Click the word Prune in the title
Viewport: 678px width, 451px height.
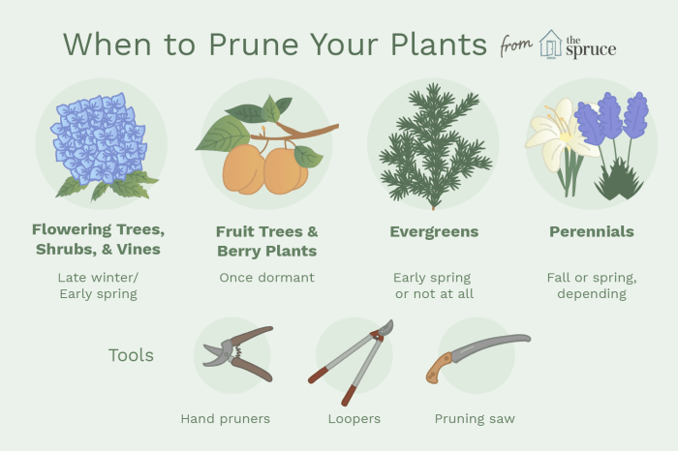[x=250, y=45]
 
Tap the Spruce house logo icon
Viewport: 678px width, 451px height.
[x=550, y=44]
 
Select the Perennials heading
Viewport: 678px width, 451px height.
[x=591, y=231]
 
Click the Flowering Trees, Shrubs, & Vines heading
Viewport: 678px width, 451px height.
[x=98, y=239]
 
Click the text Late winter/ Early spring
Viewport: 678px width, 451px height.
[x=98, y=286]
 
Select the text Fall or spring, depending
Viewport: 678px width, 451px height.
[x=591, y=286]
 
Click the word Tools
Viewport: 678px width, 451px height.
[x=131, y=355]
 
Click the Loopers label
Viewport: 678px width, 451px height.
[x=354, y=419]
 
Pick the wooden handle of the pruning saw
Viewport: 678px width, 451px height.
[x=441, y=368]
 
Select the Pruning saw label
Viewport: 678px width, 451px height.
[x=475, y=419]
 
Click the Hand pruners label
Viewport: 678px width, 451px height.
[x=225, y=419]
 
